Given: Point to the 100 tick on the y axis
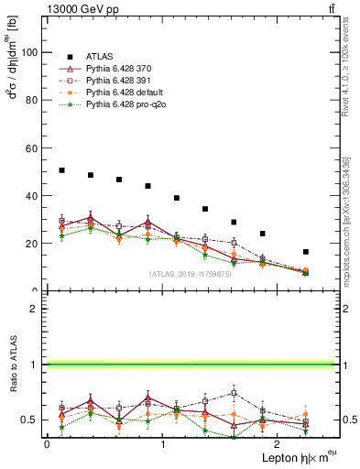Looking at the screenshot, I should [33, 52].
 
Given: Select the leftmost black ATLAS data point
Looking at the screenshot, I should [61, 170].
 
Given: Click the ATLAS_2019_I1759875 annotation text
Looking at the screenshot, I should [190, 273].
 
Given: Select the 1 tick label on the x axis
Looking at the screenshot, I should [162, 444].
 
